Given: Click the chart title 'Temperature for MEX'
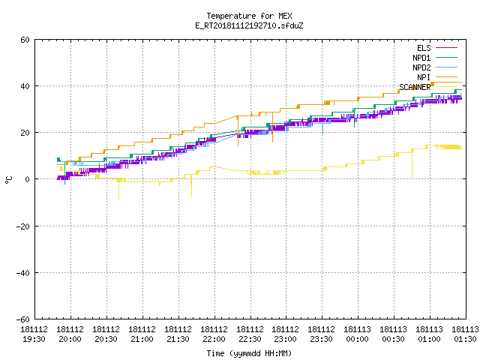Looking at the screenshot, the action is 249,16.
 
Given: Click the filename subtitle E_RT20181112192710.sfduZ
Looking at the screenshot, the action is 249,25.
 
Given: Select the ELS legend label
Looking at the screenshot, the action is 424,48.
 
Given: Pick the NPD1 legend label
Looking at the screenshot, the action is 421,58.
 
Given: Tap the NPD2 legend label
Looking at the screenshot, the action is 421,67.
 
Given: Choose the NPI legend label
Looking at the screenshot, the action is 424,77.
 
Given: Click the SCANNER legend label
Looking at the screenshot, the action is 415,87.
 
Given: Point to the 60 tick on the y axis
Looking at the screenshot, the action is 25,40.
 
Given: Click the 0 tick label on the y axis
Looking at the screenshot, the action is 28,179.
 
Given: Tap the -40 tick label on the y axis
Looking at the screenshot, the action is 23,273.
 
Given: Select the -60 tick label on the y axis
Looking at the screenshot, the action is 23,319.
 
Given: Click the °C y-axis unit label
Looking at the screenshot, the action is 8,180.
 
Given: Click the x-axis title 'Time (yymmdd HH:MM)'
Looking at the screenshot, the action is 249,353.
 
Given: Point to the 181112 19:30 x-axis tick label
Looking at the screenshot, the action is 34,334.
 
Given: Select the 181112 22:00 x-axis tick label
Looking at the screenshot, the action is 214,334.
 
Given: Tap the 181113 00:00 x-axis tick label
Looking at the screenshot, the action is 358,334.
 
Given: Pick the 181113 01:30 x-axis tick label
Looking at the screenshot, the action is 466,334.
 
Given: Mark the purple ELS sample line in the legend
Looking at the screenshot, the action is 447,48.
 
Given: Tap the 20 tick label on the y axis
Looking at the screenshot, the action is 25,133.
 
